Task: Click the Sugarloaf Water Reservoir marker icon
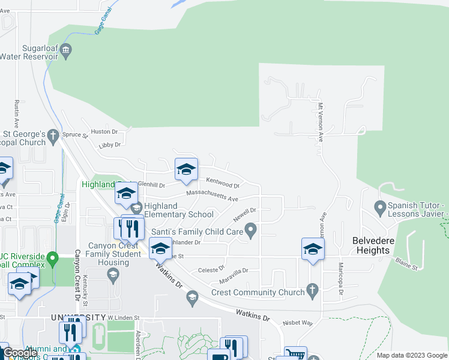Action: (x=66, y=49)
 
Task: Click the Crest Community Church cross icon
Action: (x=312, y=289)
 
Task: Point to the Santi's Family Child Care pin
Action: (x=252, y=229)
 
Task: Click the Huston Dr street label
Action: (x=104, y=131)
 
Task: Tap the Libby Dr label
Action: (x=110, y=145)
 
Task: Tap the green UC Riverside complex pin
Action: (x=52, y=260)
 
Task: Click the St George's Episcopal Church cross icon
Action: (x=53, y=134)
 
